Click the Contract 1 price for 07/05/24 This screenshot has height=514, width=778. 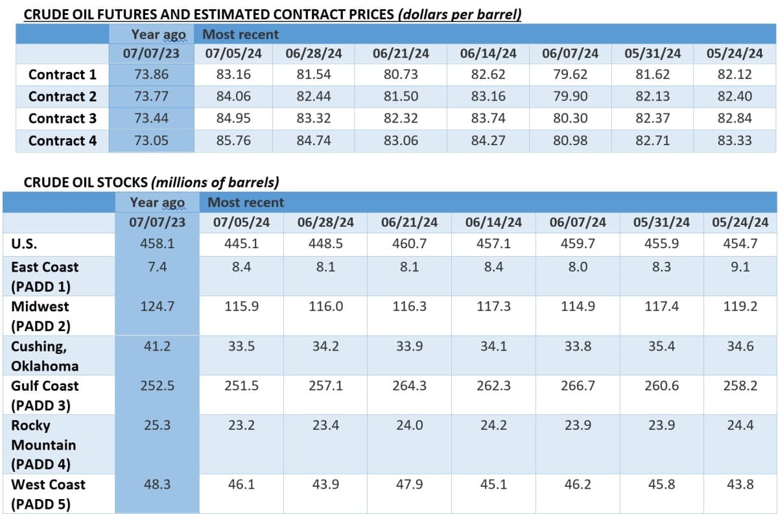click(x=233, y=75)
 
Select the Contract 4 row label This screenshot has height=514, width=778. click(x=62, y=141)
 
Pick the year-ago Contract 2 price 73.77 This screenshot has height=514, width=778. click(x=151, y=97)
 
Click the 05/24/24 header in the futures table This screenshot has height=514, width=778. click(x=735, y=53)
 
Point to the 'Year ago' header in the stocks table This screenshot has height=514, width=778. click(x=157, y=202)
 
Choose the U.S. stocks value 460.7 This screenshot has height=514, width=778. click(x=409, y=244)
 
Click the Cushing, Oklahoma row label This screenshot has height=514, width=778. click(x=44, y=356)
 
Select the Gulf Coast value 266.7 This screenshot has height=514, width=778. click(x=577, y=386)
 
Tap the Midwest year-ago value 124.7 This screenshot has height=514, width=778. click(x=157, y=307)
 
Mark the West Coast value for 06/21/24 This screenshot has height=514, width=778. click(x=409, y=484)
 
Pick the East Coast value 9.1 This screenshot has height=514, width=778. click(x=740, y=266)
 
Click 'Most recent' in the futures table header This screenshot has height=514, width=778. click(x=241, y=34)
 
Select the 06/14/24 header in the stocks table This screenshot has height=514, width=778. click(x=493, y=222)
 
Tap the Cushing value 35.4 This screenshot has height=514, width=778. click(x=661, y=346)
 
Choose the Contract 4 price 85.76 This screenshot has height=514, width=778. click(x=233, y=141)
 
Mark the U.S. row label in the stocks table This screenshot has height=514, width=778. click(x=24, y=244)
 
